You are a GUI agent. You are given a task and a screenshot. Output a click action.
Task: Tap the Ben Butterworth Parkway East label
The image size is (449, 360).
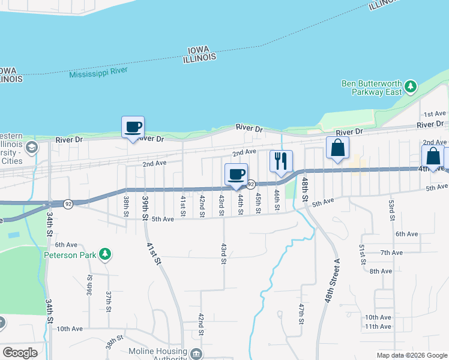pos(372,88)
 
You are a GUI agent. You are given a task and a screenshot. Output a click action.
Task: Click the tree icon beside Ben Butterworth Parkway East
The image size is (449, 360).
pos(411,87)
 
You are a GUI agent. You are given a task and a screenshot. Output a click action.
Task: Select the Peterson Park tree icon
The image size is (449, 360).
pos(105,254)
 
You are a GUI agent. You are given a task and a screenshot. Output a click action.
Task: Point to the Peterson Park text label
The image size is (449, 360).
pos(70,254)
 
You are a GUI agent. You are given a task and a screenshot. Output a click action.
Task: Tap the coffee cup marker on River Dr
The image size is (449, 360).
pos(133,127)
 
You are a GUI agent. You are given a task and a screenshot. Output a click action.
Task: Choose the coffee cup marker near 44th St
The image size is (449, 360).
pos(237,175)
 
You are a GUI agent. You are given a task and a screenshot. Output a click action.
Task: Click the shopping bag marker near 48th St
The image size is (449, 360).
pos(337,148)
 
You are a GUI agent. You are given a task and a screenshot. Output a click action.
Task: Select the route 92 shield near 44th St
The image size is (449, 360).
pos(251,184)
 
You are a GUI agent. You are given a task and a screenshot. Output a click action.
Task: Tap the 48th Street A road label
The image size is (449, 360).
pos(333,281)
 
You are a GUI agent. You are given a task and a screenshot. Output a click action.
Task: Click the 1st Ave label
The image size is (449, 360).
pos(435,113)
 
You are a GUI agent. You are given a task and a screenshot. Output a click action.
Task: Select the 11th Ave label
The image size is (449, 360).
pos(378,326)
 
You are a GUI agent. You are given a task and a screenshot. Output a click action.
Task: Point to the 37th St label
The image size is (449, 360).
pos(109,301)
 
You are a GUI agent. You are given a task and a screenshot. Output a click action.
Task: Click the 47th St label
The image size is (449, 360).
pos(301,314)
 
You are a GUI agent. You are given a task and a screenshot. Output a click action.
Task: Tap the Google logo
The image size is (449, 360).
pos(20,353)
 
